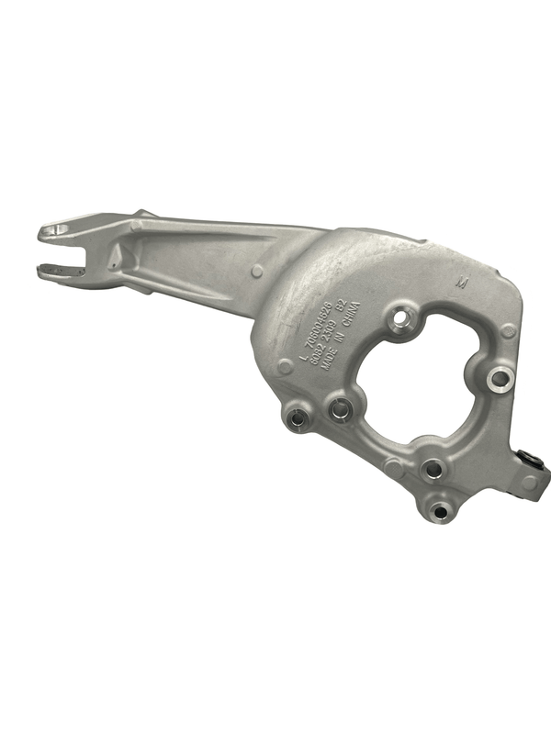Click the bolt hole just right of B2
click(x=400, y=320)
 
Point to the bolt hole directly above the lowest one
click(x=432, y=470)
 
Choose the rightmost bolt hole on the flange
click(x=499, y=376)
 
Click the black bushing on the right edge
click(x=529, y=458)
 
